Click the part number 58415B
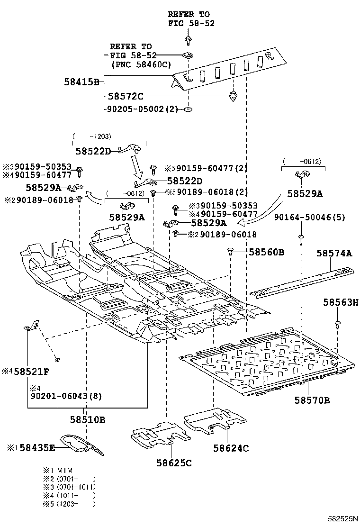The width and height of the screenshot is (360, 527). pos(81,82)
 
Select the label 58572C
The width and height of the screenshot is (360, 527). pos(125,96)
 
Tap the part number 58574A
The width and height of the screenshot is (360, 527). pos(334,254)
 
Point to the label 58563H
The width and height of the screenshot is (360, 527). pos(341,302)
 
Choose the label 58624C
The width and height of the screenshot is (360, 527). pos(231,448)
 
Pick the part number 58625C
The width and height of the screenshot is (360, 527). pos(174,463)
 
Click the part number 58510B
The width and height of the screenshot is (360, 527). pos(88,420)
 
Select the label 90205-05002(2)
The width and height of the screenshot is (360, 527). pos(143,109)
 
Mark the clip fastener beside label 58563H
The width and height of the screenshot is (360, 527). pos(337,325)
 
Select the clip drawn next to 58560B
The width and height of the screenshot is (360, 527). pos(231,252)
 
